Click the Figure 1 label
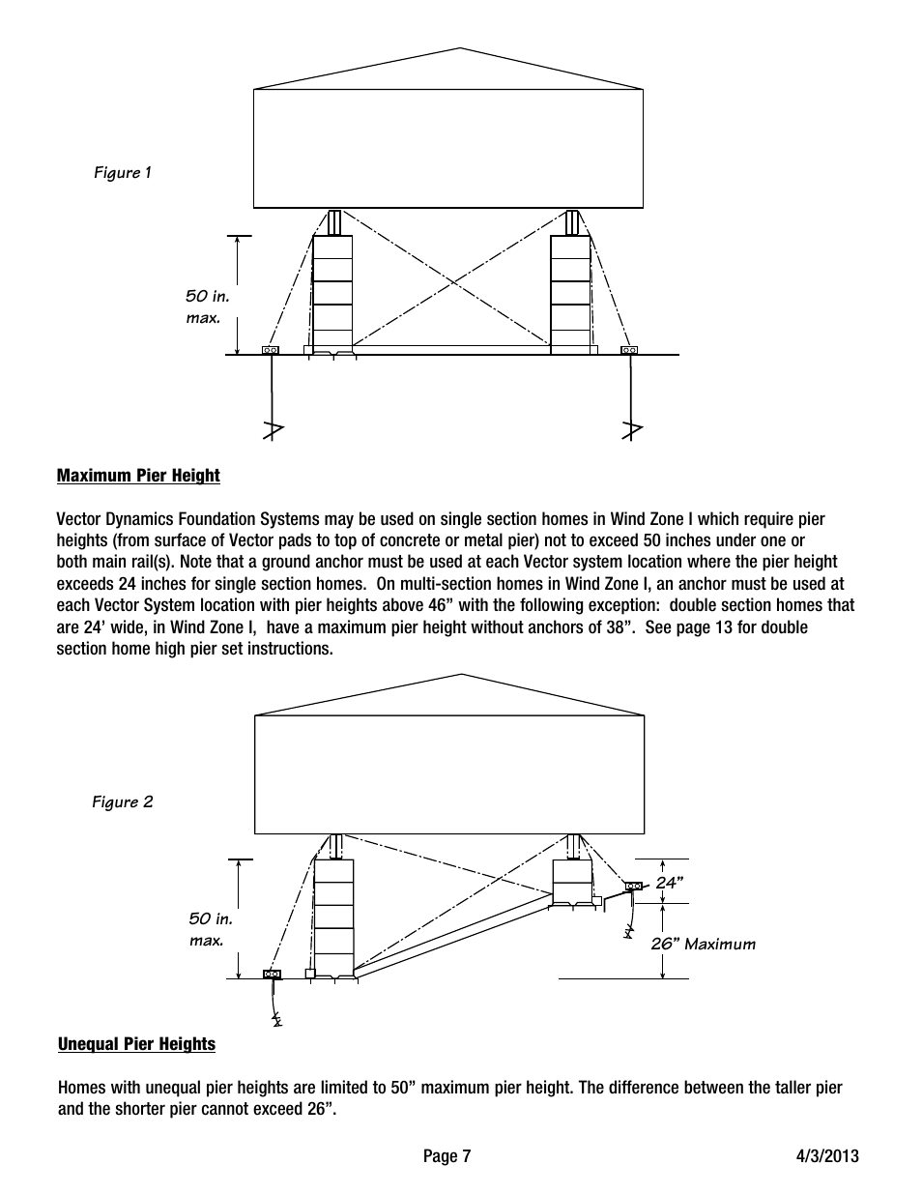tap(123, 172)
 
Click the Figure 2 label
tap(123, 802)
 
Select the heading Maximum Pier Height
tap(138, 476)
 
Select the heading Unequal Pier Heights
tap(136, 1044)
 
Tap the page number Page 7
tap(447, 1156)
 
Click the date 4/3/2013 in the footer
tap(827, 1155)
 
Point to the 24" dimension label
tap(670, 883)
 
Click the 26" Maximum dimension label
tap(703, 944)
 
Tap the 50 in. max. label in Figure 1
tap(208, 307)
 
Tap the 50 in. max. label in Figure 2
tap(211, 930)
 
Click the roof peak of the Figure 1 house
tap(460, 48)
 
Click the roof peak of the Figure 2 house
tap(461, 674)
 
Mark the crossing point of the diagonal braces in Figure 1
tap(453, 282)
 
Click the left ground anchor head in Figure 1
tap(271, 350)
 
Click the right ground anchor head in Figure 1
tap(629, 350)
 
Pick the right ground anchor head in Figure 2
tap(634, 886)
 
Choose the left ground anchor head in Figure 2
tap(272, 975)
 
